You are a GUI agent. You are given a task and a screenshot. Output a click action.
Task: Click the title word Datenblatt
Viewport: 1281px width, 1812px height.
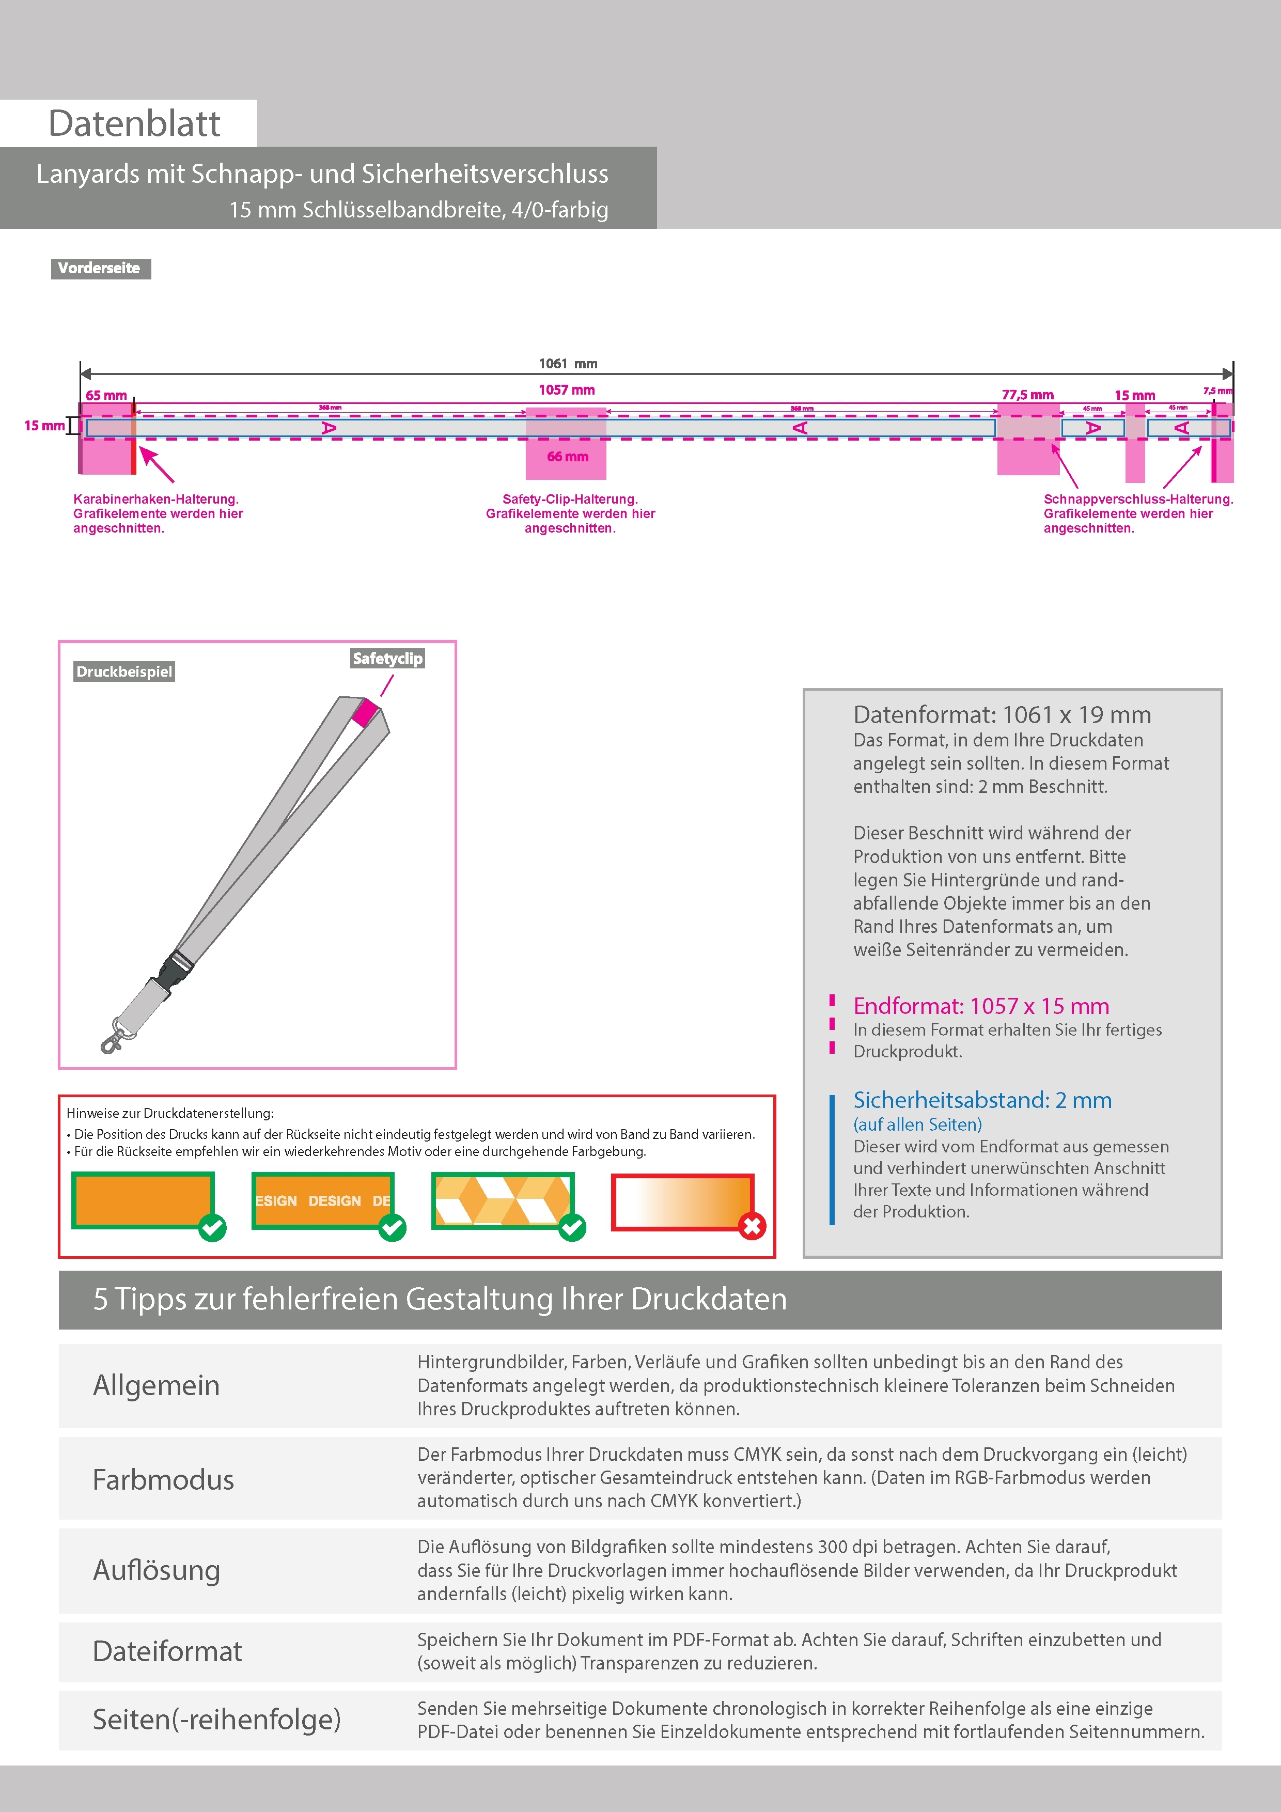pos(134,124)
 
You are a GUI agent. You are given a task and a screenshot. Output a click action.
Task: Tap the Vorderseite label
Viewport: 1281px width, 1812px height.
pos(100,268)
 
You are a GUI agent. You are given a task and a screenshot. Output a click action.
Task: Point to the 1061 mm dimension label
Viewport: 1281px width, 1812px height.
pos(568,364)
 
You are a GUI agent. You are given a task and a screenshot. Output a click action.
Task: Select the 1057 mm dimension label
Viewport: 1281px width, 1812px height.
pos(567,390)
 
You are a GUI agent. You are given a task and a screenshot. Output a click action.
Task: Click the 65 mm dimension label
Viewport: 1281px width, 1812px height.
pos(106,395)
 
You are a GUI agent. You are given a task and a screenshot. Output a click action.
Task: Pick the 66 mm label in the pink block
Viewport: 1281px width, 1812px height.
pos(568,457)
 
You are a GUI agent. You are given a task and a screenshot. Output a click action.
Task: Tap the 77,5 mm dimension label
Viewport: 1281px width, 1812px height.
pos(1028,395)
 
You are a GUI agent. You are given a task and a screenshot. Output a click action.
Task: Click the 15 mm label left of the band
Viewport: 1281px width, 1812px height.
pos(44,426)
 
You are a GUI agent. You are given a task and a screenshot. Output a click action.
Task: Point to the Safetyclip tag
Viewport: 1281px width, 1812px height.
pos(387,658)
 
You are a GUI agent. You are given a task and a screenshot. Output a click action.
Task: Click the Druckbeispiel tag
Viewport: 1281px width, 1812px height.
pos(124,671)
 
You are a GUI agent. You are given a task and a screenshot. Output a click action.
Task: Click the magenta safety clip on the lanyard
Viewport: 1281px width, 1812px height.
pos(365,713)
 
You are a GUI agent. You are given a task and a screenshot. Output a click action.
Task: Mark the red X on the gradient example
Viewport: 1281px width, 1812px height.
pos(752,1226)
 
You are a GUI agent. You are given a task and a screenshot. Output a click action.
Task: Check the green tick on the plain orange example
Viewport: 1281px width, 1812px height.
pos(212,1227)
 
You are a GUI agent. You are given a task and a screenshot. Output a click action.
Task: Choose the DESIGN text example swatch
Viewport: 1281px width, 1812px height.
pos(322,1200)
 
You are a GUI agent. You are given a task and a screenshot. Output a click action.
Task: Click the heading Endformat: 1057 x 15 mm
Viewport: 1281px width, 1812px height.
pos(980,1006)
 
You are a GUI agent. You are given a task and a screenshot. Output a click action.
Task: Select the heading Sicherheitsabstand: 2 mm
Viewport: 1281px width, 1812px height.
pos(982,1100)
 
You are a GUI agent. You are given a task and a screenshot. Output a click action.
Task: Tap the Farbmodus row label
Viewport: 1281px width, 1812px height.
pos(163,1480)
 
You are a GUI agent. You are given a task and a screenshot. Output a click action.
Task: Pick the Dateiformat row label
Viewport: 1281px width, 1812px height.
pos(167,1651)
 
